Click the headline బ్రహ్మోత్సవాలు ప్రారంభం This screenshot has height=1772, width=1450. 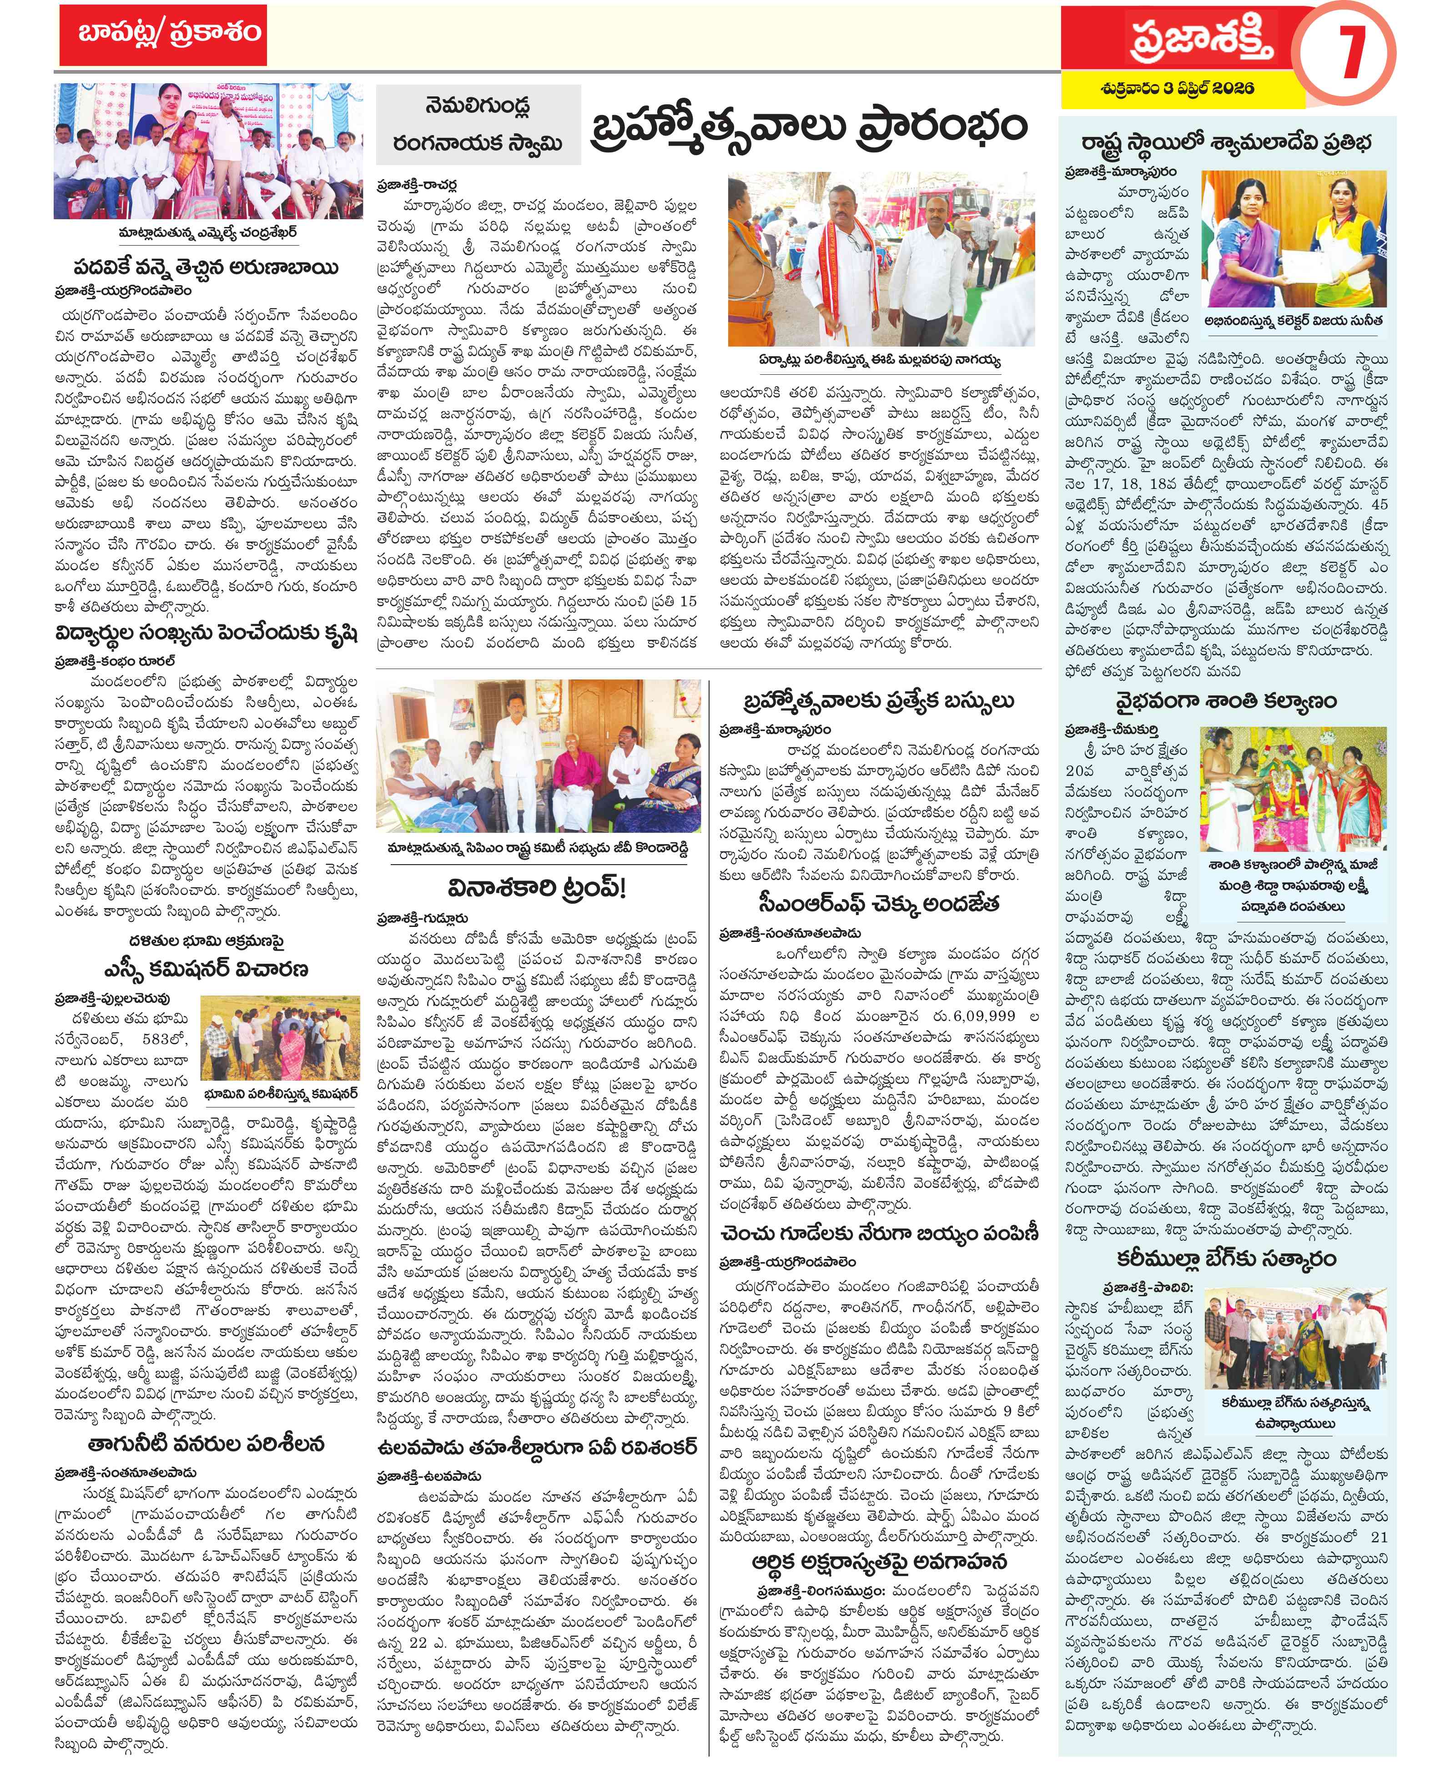pyautogui.click(x=807, y=130)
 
